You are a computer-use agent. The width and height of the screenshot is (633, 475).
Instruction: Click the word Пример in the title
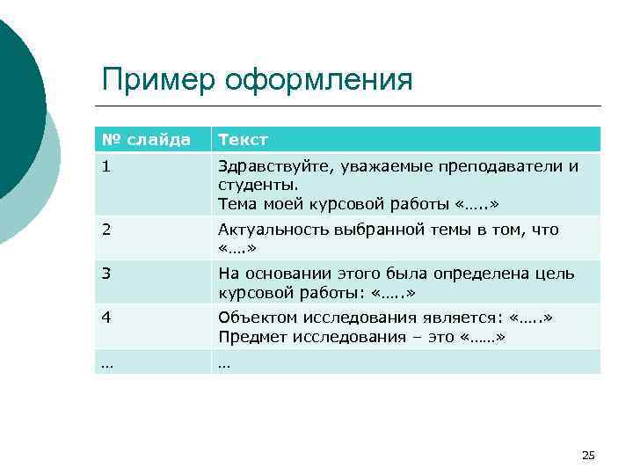158,80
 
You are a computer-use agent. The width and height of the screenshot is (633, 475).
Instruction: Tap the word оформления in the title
319,80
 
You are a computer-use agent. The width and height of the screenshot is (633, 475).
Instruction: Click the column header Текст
243,139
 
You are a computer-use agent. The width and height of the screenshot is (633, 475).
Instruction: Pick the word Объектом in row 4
252,318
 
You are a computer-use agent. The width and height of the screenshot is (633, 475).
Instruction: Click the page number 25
588,455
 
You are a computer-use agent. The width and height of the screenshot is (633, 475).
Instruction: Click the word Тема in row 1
235,204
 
